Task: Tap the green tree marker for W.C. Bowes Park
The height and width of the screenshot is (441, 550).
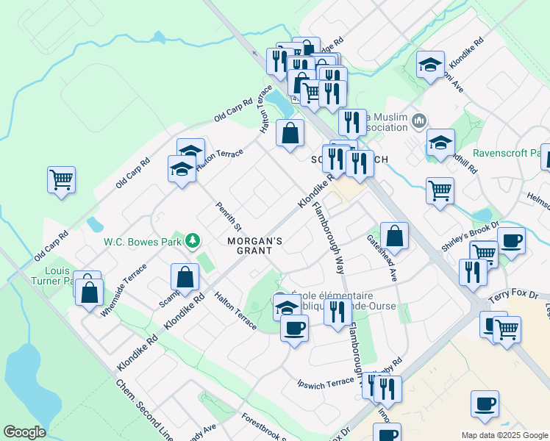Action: pos(193,241)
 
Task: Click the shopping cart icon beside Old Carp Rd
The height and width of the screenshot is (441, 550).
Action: pos(62,179)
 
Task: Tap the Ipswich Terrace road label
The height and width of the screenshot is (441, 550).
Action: pos(326,383)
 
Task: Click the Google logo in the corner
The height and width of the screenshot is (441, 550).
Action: pos(25,432)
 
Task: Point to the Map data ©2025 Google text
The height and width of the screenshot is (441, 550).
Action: pos(504,435)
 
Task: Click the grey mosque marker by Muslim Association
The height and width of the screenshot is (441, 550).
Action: pos(419,119)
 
